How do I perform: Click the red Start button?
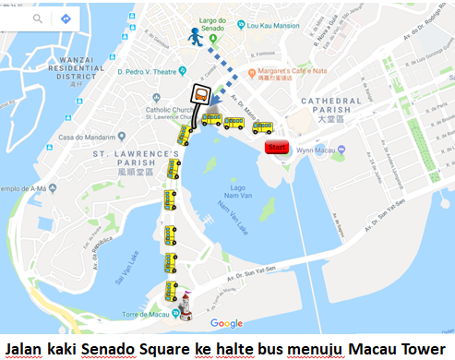coord(277,147)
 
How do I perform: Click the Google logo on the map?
coord(226,323)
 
